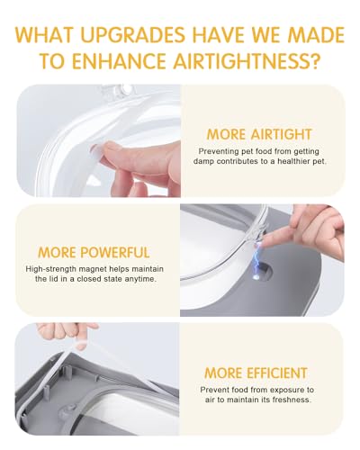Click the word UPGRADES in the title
pyautogui.click(x=133, y=35)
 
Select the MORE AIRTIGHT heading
pyautogui.click(x=259, y=134)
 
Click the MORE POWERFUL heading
pyautogui.click(x=94, y=252)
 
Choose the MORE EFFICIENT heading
pyautogui.click(x=256, y=373)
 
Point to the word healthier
pyautogui.click(x=293, y=161)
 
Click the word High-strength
pyautogui.click(x=45, y=269)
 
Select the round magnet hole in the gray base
pyautogui.click(x=264, y=272)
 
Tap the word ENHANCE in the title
pyautogui.click(x=119, y=60)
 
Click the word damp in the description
pyautogui.click(x=203, y=161)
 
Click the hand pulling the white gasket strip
pyautogui.click(x=67, y=334)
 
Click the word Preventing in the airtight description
pyautogui.click(x=214, y=151)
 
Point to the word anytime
pyautogui.click(x=144, y=279)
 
